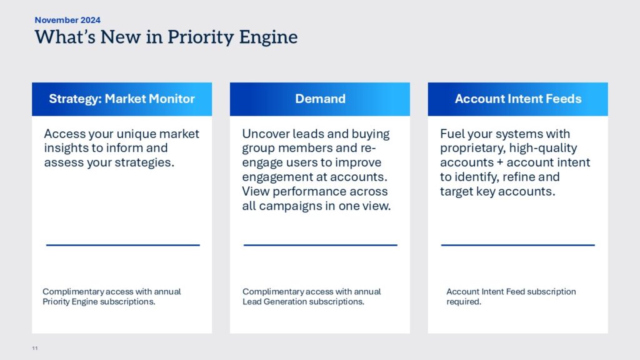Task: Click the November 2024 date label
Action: click(67, 20)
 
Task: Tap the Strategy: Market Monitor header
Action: click(122, 99)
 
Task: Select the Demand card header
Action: click(320, 99)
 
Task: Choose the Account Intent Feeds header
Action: click(518, 99)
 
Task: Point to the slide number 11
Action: click(35, 348)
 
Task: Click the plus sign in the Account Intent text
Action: click(500, 162)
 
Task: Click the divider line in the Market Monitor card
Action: click(123, 245)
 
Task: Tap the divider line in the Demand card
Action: click(321, 245)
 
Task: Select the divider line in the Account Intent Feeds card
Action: click(518, 245)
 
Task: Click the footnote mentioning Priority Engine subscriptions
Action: click(112, 297)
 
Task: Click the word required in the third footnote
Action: click(464, 302)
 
